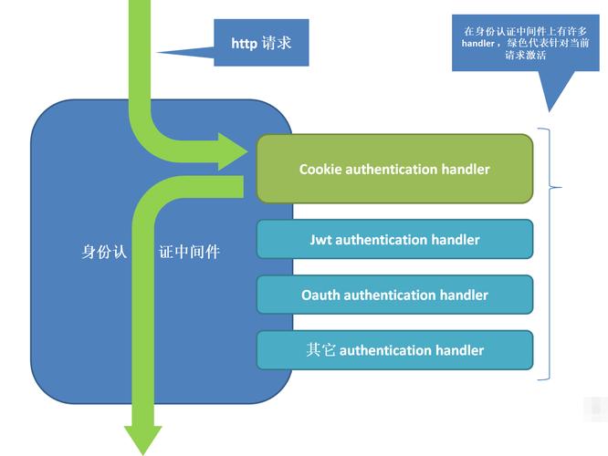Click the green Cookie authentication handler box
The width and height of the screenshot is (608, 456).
[x=394, y=169]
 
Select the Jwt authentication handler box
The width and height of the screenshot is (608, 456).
[x=394, y=239]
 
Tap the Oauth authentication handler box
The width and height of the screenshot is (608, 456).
[x=394, y=295]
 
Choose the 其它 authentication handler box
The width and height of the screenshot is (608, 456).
[x=394, y=349]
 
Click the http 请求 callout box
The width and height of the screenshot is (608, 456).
[x=261, y=42]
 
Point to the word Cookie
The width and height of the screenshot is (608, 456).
[x=321, y=170]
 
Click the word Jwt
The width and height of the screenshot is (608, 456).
[x=320, y=240]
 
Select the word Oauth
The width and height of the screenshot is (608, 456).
[x=320, y=295]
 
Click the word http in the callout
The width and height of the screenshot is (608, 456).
[x=245, y=43]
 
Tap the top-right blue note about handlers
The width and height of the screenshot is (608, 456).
[x=512, y=42]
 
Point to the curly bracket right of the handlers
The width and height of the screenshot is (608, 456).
[x=550, y=253]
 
